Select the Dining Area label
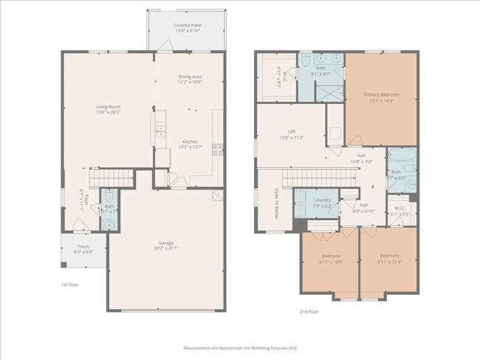coord(189,80)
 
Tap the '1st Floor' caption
coord(69,284)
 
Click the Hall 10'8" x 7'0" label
coord(361,158)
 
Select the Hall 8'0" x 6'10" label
coord(363,207)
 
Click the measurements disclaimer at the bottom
coord(240,347)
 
